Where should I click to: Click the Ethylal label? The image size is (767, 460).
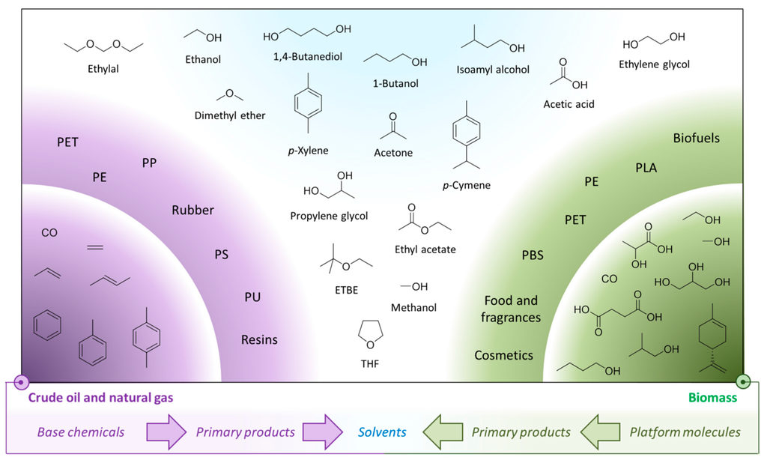point(103,70)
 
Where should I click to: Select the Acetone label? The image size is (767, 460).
point(393,153)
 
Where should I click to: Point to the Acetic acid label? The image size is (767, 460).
point(569,104)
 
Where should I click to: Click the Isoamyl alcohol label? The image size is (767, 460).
point(493,70)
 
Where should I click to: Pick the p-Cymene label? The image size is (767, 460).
point(467,185)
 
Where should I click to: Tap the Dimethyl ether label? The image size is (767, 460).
point(230,115)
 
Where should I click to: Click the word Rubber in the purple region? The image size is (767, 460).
point(192,211)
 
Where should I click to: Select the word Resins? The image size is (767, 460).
point(259,339)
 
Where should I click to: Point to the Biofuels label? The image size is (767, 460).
point(696,138)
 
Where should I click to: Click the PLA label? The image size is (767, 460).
point(646,168)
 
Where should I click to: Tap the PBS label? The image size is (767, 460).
point(533,255)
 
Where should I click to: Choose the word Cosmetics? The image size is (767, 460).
point(503,355)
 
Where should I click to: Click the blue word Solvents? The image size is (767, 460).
point(381,432)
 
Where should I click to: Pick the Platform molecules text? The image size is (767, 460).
point(685,432)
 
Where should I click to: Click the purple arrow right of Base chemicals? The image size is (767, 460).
point(165,432)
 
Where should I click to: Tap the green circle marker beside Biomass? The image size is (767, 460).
point(743,381)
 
